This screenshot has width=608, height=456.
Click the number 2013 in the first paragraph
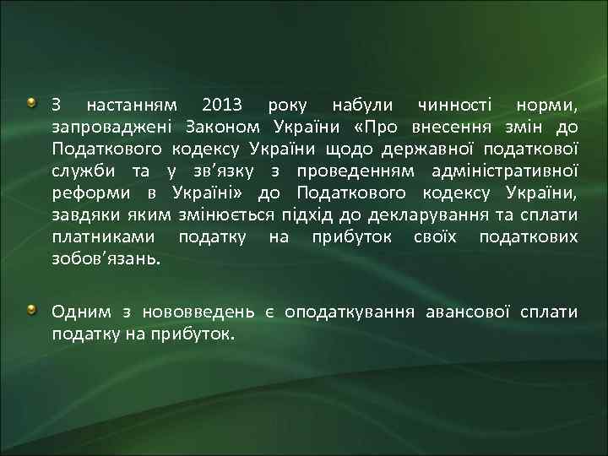(222, 106)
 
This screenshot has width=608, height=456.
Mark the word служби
(81, 172)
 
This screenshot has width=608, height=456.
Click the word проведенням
(353, 172)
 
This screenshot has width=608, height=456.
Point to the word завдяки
(86, 216)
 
